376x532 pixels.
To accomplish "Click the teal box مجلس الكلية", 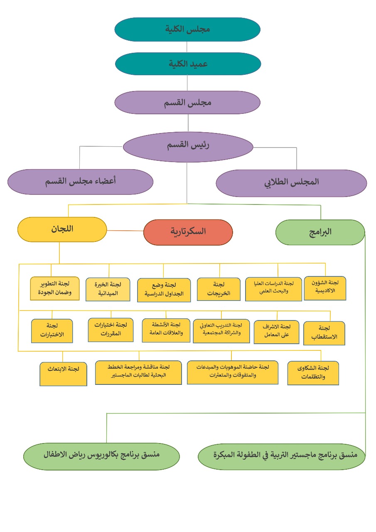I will (x=187, y=30).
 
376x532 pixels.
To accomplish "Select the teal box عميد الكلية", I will (x=188, y=64).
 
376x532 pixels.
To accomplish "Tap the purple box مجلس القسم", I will (x=187, y=102).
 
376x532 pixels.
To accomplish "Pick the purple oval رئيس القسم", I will (x=188, y=146).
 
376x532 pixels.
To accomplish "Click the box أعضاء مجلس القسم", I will (x=80, y=182).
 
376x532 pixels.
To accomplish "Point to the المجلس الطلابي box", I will (x=291, y=182).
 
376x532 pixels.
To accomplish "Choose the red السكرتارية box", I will (x=188, y=232).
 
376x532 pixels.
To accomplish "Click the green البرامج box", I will (x=320, y=232).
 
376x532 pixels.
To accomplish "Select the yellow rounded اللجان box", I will (x=62, y=229).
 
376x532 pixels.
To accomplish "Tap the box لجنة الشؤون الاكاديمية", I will (x=325, y=288).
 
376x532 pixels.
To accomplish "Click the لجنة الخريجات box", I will (x=219, y=289).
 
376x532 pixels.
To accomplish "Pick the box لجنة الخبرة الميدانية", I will (x=107, y=289).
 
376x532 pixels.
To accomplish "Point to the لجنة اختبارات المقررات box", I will (x=111, y=330).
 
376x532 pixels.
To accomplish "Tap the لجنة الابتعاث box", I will (x=63, y=374).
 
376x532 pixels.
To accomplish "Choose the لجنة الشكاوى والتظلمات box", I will (x=313, y=373).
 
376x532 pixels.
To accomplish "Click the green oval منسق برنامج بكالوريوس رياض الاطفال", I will (x=101, y=455).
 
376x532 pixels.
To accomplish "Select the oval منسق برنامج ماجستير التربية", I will (x=281, y=456).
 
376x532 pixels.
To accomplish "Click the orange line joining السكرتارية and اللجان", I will (x=125, y=231).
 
